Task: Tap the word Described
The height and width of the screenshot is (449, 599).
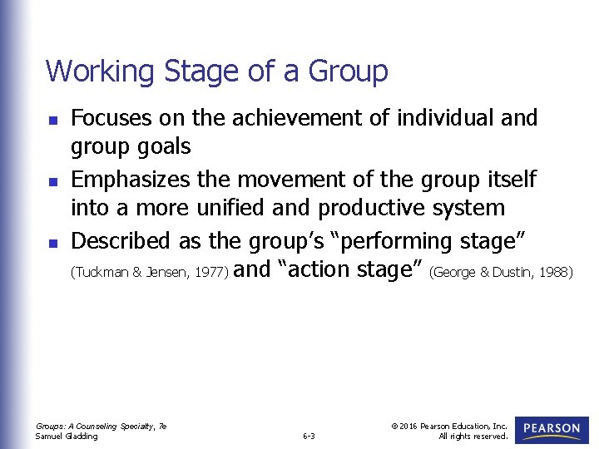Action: click(121, 240)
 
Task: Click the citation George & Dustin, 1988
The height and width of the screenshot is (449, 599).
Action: click(502, 272)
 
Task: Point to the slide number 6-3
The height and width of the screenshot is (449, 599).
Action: click(309, 435)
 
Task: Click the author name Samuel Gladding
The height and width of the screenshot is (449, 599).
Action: click(67, 436)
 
